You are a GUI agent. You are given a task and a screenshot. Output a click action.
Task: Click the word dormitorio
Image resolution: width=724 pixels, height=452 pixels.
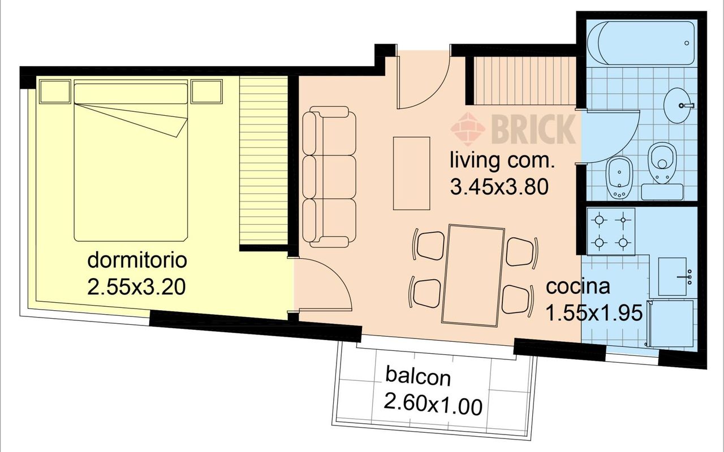[x=137, y=260]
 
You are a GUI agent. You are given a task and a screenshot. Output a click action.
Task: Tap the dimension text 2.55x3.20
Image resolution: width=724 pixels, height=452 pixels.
[x=137, y=287]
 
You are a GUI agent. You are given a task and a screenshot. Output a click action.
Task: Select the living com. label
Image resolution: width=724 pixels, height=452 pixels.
[x=502, y=160]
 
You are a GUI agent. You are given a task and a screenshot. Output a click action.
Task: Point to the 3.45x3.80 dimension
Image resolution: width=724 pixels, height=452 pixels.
[x=499, y=187]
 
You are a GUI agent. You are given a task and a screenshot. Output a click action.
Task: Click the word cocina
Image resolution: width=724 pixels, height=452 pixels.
[x=578, y=286]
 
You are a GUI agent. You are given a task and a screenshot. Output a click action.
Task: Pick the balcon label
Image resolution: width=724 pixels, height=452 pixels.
[x=418, y=377]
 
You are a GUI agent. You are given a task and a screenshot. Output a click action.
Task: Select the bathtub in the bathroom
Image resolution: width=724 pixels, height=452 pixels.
[x=641, y=43]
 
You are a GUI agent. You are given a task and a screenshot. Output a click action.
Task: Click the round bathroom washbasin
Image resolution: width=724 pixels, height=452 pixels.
[x=678, y=105]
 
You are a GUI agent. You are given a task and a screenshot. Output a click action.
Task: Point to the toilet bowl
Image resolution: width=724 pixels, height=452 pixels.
[x=662, y=163]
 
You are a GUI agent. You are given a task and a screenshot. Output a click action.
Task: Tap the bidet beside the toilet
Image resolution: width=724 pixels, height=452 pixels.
[x=619, y=178]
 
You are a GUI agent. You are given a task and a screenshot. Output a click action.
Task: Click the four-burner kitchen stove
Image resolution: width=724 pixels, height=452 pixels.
[x=611, y=231]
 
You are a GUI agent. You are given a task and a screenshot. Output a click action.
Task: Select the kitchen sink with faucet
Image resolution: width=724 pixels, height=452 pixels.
[x=673, y=276]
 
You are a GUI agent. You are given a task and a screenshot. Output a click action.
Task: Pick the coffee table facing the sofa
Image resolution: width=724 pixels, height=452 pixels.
[x=411, y=173]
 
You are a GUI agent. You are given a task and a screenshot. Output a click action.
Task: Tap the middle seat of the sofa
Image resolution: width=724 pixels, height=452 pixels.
[x=329, y=177]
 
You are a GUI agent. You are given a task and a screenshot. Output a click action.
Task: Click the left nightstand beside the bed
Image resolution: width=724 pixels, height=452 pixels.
[x=55, y=92]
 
